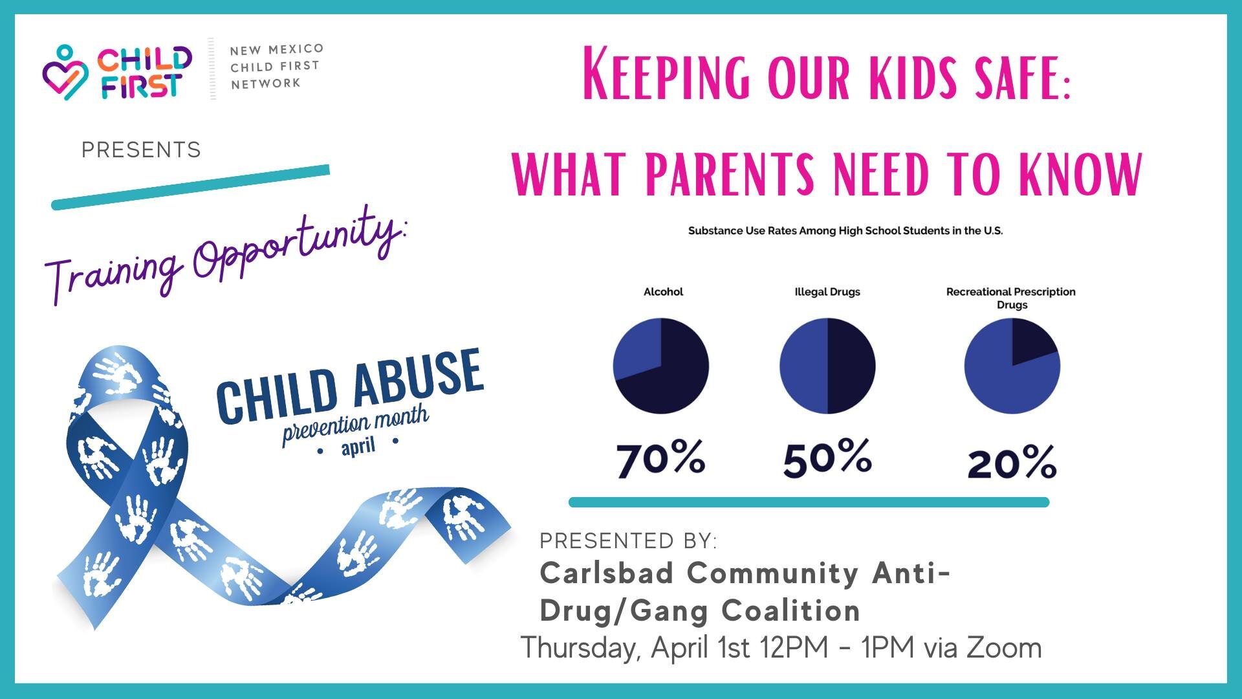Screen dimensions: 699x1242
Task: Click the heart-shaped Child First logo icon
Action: [65, 72]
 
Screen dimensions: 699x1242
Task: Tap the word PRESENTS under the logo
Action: [141, 150]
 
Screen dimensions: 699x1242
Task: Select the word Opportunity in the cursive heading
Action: [298, 249]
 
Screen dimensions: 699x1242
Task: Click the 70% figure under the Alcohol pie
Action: [660, 459]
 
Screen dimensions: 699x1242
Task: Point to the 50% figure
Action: [827, 459]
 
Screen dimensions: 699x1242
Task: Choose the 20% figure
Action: [1012, 463]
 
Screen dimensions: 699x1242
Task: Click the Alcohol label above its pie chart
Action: [663, 292]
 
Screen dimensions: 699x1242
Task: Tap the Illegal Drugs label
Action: [827, 292]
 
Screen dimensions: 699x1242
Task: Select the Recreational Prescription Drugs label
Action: [1011, 298]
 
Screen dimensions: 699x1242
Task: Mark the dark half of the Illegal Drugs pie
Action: [851, 366]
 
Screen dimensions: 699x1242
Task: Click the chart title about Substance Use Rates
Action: [845, 230]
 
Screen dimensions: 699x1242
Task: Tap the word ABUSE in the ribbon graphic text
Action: [418, 379]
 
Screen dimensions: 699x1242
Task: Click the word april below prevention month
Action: [358, 446]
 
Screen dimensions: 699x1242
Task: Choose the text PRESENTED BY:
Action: [628, 540]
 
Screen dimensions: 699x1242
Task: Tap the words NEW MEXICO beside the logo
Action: [276, 49]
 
